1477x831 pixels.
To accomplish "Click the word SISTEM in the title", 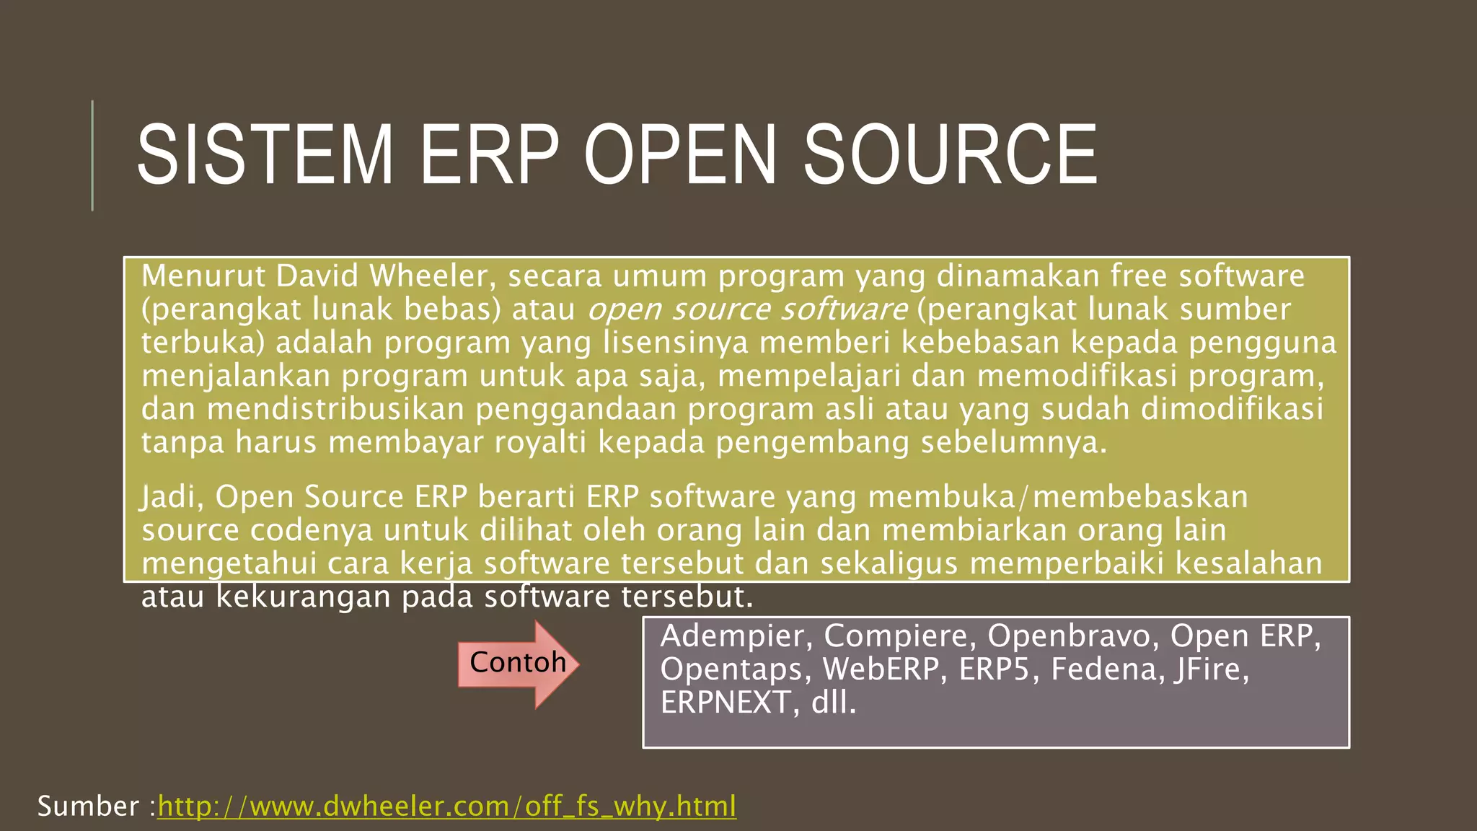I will (265, 155).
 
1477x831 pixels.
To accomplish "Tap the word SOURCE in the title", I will (950, 155).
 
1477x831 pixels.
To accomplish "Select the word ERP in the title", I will (489, 155).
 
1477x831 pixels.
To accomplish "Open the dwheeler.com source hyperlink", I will (446, 806).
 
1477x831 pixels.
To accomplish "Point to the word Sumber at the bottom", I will (88, 806).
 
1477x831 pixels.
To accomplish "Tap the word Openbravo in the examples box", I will (1072, 636).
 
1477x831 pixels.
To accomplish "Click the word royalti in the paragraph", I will (540, 442).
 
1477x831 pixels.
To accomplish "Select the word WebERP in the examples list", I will (883, 669).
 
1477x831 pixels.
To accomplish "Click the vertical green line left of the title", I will (92, 155).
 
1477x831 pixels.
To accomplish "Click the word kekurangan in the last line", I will (303, 597).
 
